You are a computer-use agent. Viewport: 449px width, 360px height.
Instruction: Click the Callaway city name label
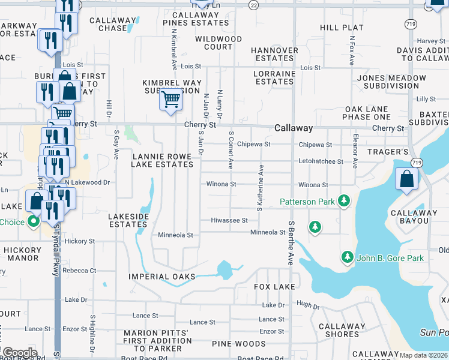(x=294, y=128)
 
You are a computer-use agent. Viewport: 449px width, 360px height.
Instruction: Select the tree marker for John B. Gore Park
(x=347, y=257)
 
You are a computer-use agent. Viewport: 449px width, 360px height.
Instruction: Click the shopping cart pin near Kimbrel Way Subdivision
(x=171, y=99)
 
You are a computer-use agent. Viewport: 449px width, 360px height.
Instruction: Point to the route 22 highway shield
(x=254, y=5)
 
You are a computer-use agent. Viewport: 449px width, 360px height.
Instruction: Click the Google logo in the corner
(x=19, y=353)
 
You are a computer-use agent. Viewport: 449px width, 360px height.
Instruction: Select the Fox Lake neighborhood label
(x=274, y=287)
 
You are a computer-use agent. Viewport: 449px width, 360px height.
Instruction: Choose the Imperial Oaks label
(x=162, y=277)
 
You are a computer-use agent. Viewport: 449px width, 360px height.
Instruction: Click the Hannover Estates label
(x=274, y=54)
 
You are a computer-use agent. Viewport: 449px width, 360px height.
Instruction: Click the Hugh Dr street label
(x=308, y=306)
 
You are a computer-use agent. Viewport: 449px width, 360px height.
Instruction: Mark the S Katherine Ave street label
(x=260, y=188)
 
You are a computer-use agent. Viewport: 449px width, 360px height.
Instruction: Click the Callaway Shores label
(x=342, y=331)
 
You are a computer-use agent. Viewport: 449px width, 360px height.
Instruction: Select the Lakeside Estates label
(x=127, y=219)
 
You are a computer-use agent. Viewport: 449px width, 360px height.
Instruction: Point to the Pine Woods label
(x=238, y=344)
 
